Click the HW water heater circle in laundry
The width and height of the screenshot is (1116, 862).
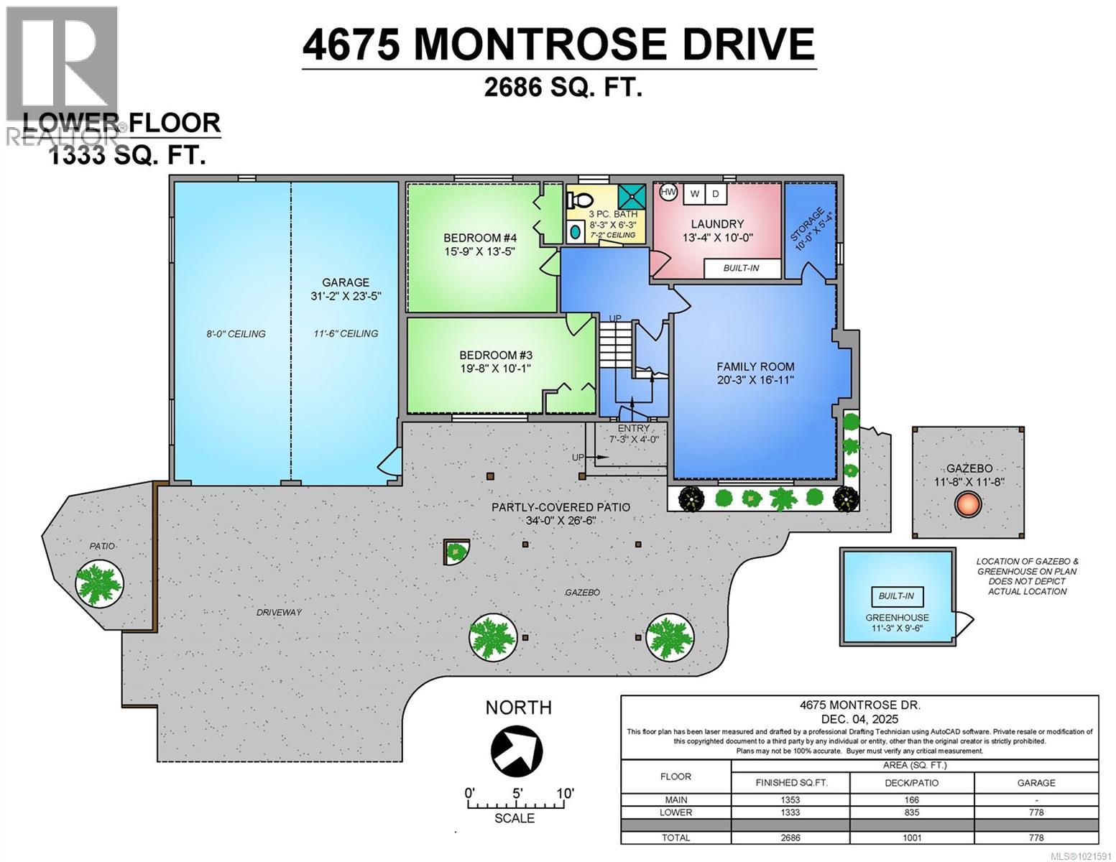[668, 193]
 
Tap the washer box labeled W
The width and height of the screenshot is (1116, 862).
[694, 194]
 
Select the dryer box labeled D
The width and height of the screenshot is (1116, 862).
[716, 194]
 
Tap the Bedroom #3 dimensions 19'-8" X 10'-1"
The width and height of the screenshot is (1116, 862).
[495, 369]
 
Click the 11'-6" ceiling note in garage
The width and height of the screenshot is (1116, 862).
[346, 333]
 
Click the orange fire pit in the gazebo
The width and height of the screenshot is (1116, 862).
[968, 505]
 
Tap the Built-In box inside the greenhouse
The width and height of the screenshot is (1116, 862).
[897, 596]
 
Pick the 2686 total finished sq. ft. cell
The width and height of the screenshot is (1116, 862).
[790, 838]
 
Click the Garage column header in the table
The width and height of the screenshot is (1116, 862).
[1036, 782]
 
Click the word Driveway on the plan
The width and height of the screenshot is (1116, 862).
[279, 613]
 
